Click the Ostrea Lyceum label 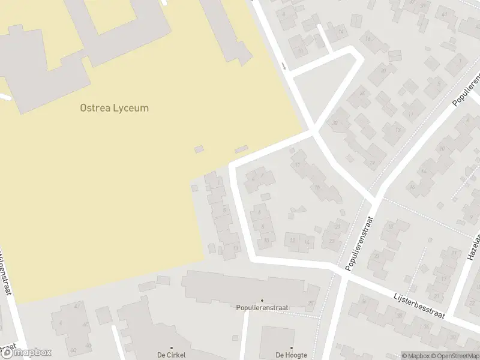click(114, 109)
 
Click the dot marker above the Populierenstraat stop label click(262, 301)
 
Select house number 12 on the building click(293, 241)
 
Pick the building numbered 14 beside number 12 click(307, 241)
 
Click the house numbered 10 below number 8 click(266, 241)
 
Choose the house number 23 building click(332, 241)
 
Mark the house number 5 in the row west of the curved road click(224, 210)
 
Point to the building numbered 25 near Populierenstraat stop click(310, 302)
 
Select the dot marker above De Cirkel click(171, 348)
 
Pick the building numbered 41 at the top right click(445, 14)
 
